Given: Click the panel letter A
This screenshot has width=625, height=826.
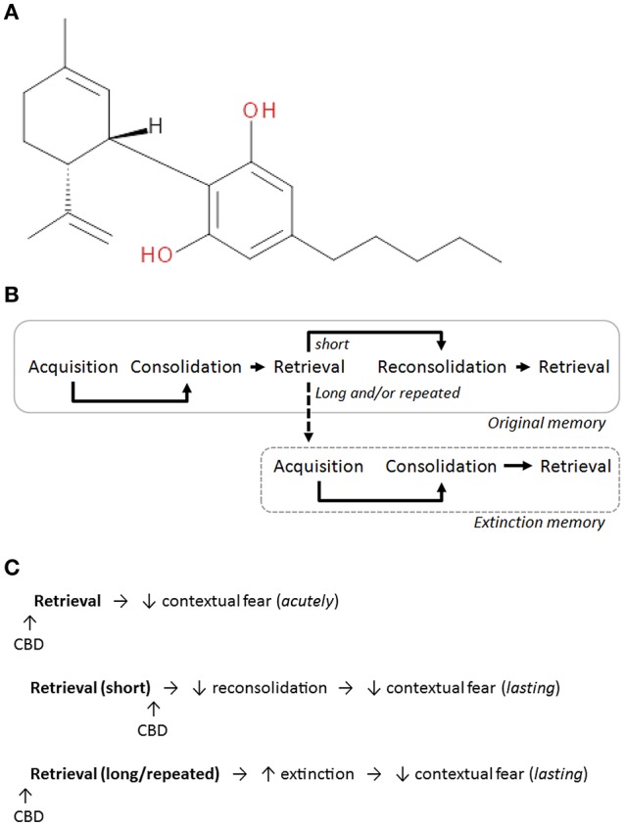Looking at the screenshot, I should (12, 13).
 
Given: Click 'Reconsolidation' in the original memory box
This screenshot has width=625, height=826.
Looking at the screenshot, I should (443, 367).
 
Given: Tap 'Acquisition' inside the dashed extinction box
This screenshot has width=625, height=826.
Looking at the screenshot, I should (324, 466).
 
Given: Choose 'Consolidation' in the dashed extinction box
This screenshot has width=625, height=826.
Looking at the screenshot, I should (441, 466).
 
